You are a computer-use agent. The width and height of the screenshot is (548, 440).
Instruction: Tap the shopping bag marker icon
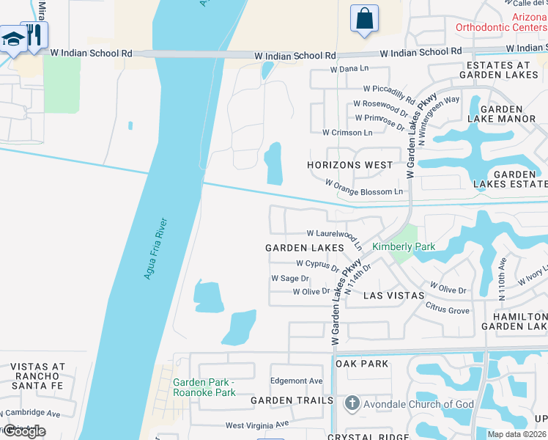pos(364,19)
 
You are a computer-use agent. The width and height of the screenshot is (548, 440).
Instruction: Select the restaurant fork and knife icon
pos(34,35)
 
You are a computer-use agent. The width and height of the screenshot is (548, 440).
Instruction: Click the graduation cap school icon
pos(12,40)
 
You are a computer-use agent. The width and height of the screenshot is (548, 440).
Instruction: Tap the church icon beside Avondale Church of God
pos(352,403)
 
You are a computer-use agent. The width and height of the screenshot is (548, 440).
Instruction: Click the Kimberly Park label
pos(404,246)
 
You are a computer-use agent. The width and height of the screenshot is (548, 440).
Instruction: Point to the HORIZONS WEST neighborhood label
pos(349,165)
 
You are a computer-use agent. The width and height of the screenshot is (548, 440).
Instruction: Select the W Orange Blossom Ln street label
pos(363,191)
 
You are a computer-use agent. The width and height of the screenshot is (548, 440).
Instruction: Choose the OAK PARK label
pos(361,363)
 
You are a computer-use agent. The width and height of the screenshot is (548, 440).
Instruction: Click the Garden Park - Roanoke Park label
pos(204,387)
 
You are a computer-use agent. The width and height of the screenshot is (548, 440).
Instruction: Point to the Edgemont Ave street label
pos(296,381)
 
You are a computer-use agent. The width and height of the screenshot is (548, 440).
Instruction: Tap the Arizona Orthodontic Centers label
pos(500,22)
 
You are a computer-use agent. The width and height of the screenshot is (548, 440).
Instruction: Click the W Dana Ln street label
pos(349,69)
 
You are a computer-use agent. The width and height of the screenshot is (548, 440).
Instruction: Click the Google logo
pos(23,431)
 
